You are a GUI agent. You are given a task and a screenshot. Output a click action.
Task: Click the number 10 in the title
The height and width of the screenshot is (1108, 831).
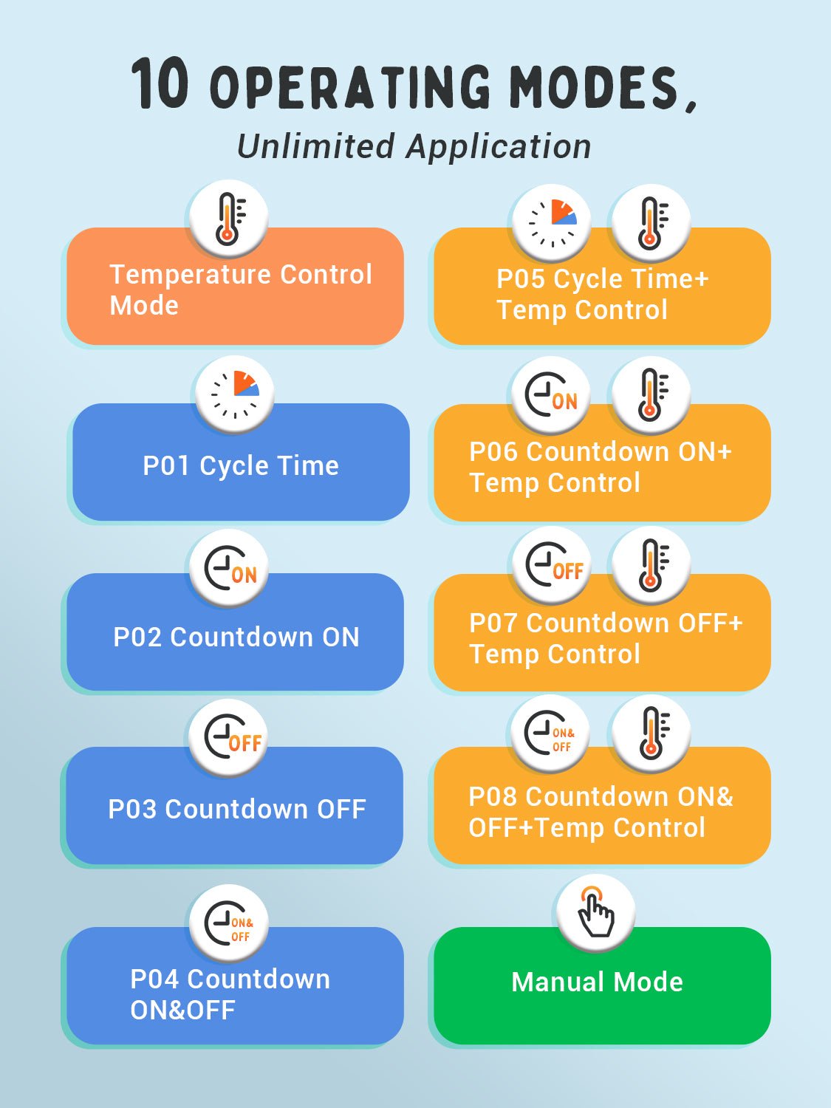click(x=160, y=85)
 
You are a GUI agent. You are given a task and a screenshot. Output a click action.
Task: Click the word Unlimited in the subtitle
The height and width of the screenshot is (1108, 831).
click(x=315, y=146)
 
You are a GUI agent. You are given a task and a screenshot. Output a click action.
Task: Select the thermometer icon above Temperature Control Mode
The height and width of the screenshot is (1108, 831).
click(x=229, y=219)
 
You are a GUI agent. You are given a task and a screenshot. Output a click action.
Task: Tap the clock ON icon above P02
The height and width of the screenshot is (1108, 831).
click(x=229, y=568)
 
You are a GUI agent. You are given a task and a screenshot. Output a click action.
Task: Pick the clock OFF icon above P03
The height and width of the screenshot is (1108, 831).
click(x=229, y=737)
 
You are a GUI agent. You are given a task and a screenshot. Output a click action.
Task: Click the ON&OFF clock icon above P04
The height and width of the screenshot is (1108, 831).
click(x=229, y=923)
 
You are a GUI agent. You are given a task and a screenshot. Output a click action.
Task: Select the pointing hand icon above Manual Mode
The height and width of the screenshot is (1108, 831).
click(x=595, y=912)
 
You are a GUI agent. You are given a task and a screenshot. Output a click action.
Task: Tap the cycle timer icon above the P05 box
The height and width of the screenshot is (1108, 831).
click(x=553, y=222)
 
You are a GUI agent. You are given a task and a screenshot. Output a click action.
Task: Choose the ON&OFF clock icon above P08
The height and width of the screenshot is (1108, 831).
click(x=550, y=734)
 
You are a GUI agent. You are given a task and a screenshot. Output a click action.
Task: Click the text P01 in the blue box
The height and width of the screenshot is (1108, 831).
click(x=167, y=466)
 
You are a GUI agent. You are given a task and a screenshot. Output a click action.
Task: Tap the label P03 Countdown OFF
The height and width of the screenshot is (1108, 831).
click(x=237, y=810)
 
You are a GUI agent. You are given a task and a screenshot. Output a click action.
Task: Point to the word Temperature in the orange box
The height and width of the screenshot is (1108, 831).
click(x=190, y=275)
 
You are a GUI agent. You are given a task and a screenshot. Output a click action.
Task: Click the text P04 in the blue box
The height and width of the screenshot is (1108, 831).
click(x=154, y=979)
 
